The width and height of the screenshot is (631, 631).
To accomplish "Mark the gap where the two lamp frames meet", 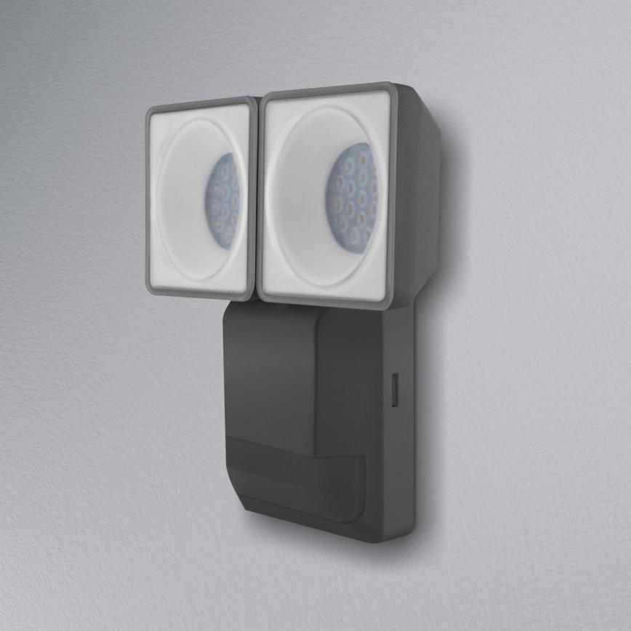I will [257, 196].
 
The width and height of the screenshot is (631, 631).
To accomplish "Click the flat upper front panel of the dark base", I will [269, 363].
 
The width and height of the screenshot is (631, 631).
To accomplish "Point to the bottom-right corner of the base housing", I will [411, 538].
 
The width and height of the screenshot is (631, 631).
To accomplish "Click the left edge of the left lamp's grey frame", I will [149, 200].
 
